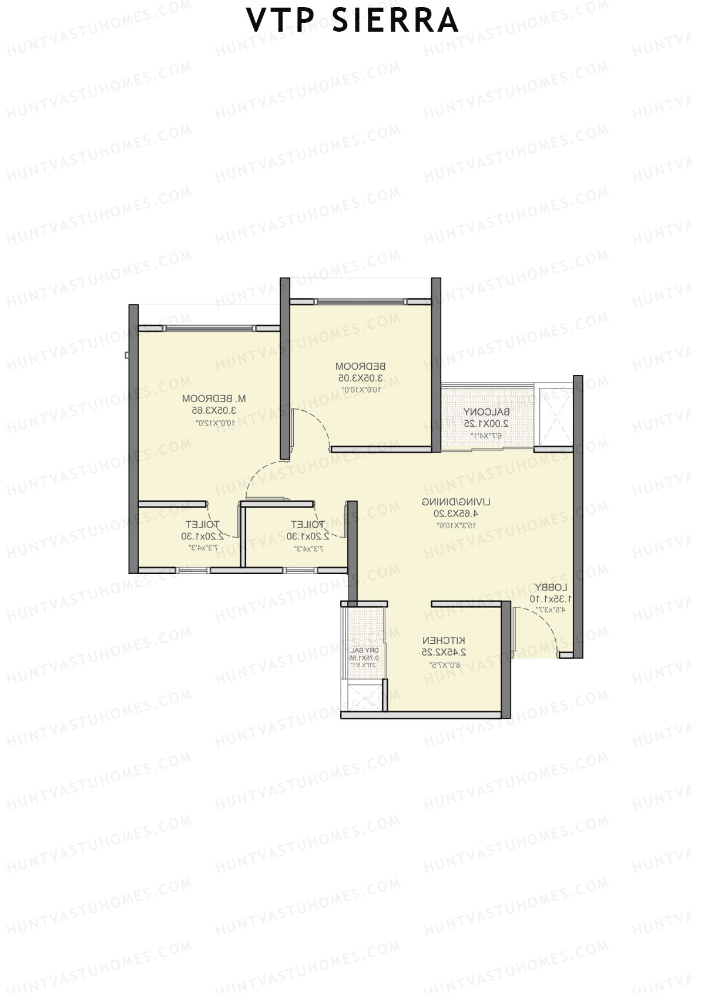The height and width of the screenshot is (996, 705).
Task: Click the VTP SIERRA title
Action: [x=352, y=21]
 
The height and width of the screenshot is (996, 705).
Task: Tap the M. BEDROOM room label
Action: [x=221, y=399]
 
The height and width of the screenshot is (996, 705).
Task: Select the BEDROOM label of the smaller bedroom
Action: [x=360, y=367]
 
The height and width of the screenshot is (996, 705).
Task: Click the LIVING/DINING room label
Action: [x=465, y=502]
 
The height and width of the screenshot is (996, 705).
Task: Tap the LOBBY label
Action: [x=550, y=588]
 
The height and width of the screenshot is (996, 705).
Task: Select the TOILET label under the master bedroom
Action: [x=202, y=525]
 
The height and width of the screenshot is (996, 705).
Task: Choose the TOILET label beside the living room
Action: [x=307, y=525]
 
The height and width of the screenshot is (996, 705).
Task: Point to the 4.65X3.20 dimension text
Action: [x=465, y=513]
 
